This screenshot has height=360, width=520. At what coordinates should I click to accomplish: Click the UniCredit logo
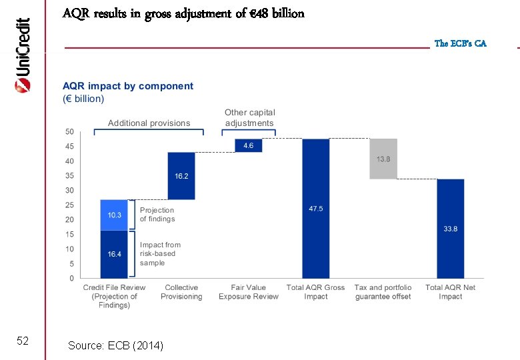(x=22, y=55)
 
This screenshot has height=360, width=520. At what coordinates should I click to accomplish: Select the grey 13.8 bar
(x=383, y=159)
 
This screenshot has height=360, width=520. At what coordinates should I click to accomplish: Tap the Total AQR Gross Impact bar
(x=316, y=208)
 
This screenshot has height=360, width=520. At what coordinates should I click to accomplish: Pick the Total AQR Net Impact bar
(x=451, y=228)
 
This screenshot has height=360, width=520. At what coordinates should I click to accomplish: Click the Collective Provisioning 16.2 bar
(x=181, y=176)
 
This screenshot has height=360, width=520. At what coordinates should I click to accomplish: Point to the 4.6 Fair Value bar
(x=249, y=145)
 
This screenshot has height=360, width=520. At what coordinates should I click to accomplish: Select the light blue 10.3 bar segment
(x=114, y=215)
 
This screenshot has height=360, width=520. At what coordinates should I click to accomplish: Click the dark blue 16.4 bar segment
(x=114, y=254)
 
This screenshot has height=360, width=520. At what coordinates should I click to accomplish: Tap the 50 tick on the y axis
(x=69, y=132)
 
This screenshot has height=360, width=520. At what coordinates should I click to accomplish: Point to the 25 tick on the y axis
(x=69, y=205)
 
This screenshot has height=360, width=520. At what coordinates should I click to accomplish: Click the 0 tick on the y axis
(x=71, y=278)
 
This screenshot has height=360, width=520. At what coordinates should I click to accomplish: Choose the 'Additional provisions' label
(x=149, y=123)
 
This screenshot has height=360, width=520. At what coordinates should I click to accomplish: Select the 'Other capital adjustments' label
(x=249, y=118)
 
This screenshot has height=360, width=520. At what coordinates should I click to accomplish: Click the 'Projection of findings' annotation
(x=157, y=215)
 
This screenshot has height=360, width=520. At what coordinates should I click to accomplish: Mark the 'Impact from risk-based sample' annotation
(x=160, y=254)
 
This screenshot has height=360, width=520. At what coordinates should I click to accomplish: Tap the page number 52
(x=22, y=341)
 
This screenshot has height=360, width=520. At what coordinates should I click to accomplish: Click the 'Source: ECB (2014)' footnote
(x=115, y=345)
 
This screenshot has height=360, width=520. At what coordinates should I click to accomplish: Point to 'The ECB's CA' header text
(x=460, y=43)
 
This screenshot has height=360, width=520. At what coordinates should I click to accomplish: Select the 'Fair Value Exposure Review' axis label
(x=249, y=292)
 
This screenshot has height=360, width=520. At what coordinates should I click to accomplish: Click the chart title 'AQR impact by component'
(x=128, y=86)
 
